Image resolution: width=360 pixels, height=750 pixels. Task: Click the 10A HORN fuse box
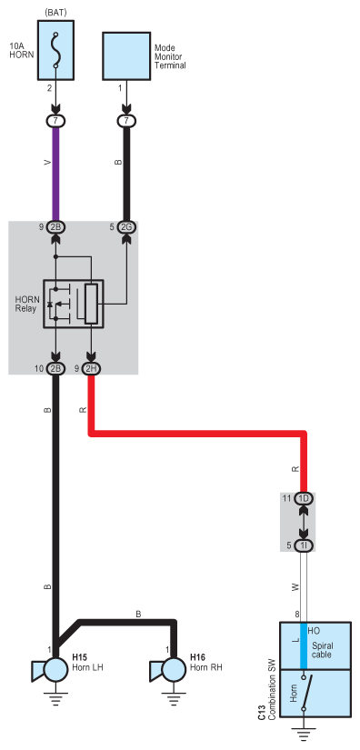[56, 50]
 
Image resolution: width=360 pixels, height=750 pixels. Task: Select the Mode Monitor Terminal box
[126, 56]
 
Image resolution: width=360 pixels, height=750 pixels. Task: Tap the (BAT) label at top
[56, 12]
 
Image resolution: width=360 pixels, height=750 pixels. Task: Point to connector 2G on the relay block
[126, 227]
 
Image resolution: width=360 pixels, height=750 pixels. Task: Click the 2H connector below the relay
[91, 369]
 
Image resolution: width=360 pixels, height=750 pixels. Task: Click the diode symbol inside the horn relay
[50, 305]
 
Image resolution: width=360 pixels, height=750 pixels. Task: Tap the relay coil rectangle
[91, 304]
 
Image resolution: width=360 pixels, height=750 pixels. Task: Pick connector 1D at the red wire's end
[304, 499]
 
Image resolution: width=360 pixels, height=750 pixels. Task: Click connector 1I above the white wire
[304, 545]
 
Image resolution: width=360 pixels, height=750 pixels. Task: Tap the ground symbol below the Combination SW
[304, 734]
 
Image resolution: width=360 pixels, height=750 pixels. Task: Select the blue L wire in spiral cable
[304, 646]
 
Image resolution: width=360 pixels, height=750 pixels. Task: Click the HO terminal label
[315, 631]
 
